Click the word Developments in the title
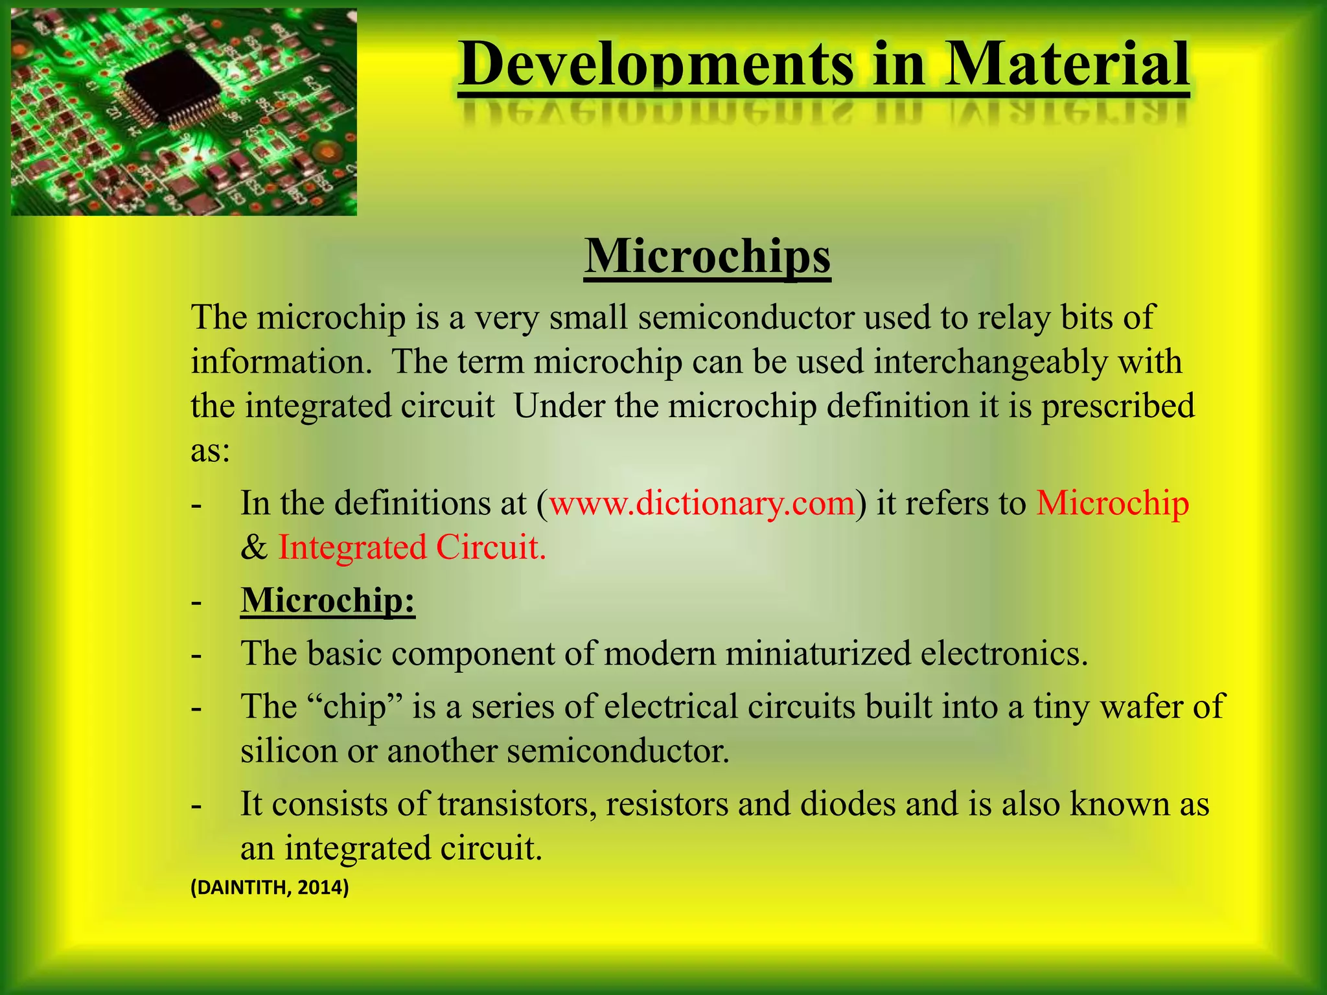coord(656,65)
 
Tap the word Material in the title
coord(1066,65)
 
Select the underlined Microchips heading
coord(707,257)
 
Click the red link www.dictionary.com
coord(702,503)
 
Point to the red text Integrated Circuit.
coord(412,547)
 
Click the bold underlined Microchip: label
coord(327,600)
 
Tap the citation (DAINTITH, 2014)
coord(270,887)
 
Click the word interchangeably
coord(990,361)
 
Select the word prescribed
coord(1118,407)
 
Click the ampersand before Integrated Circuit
coord(253,548)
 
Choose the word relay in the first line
coord(1013,317)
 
